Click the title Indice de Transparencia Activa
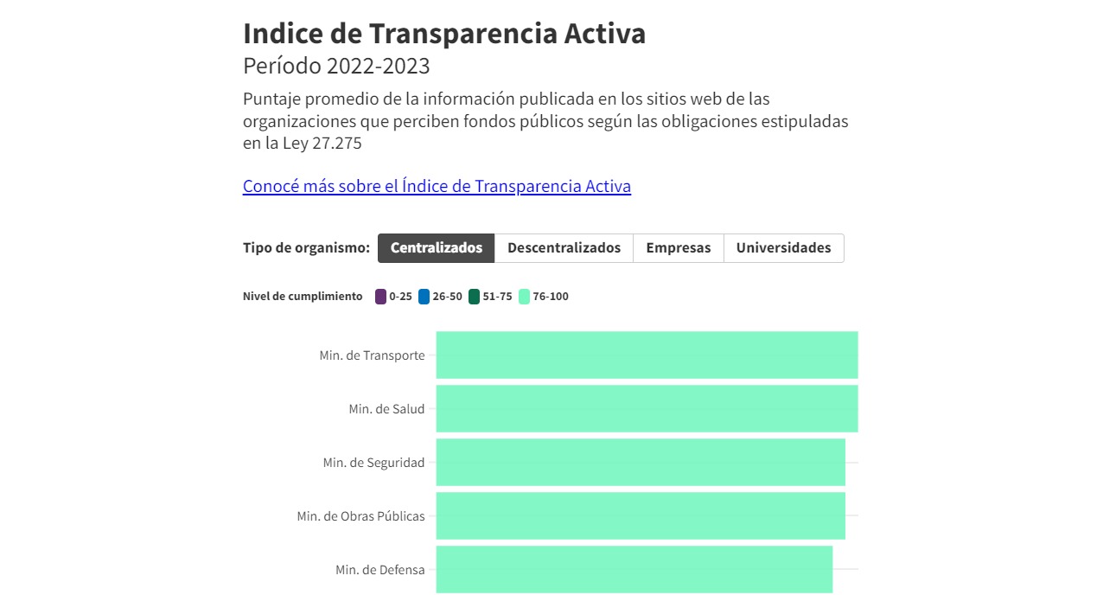pyautogui.click(x=444, y=34)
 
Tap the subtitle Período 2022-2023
pyautogui.click(x=336, y=66)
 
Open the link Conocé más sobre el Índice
pyautogui.click(x=437, y=186)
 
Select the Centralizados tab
pyautogui.click(x=437, y=248)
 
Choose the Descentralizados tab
pyautogui.click(x=564, y=248)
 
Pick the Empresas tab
pyautogui.click(x=679, y=248)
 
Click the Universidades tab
pyautogui.click(x=783, y=248)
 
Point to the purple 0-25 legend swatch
pyautogui.click(x=380, y=297)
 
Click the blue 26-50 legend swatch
pyautogui.click(x=424, y=297)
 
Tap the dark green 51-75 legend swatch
pyautogui.click(x=474, y=297)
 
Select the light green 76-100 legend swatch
pyautogui.click(x=524, y=297)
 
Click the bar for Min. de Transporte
pyautogui.click(x=647, y=355)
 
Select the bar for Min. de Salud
pyautogui.click(x=647, y=408)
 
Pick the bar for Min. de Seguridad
pyautogui.click(x=641, y=462)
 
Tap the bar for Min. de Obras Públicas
pyautogui.click(x=641, y=515)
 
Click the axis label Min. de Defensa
pyautogui.click(x=380, y=570)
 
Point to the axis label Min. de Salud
pyautogui.click(x=386, y=409)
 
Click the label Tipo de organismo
pyautogui.click(x=306, y=248)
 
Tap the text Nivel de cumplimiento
pyautogui.click(x=303, y=297)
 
